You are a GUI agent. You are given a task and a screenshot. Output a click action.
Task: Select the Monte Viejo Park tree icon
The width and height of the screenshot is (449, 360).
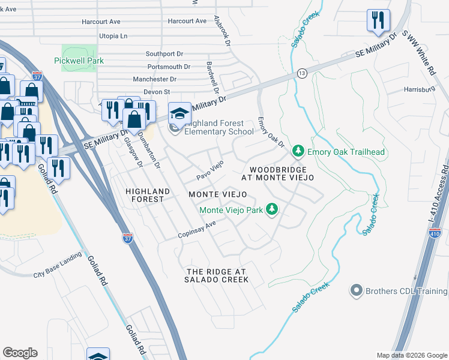273,209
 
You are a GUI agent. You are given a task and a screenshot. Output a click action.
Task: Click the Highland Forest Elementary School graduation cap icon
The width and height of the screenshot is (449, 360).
178,112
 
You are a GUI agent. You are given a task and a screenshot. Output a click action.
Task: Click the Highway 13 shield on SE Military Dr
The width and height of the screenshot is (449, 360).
301,73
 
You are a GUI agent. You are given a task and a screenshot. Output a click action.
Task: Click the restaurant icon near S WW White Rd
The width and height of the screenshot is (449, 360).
378,21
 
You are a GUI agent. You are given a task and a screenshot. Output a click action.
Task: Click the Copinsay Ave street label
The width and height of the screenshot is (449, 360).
196,230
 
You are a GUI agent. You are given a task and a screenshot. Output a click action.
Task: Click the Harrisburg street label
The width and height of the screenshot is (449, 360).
419,89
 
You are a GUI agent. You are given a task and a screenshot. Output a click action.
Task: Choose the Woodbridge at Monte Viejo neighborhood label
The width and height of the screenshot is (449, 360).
278,174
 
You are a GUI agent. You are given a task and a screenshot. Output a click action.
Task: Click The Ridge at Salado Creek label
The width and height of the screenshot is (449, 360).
216,275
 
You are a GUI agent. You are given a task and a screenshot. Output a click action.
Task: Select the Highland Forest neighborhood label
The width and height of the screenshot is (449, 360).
145,195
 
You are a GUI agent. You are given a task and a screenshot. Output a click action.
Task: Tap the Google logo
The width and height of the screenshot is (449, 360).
20,353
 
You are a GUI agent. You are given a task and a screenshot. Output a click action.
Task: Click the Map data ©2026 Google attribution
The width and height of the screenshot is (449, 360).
411,355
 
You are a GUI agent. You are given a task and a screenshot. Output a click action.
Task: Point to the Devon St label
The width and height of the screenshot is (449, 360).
157,92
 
